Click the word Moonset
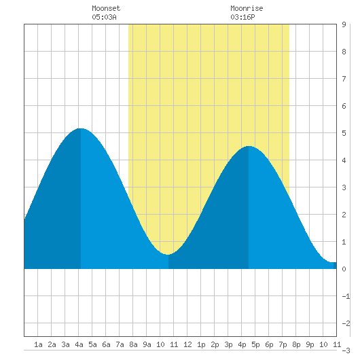click(x=106, y=9)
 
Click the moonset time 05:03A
click(x=104, y=17)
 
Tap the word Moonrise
click(x=247, y=9)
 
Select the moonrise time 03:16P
click(x=242, y=17)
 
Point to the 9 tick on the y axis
click(x=344, y=24)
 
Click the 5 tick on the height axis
click(x=344, y=133)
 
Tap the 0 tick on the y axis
click(x=344, y=269)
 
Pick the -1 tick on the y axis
click(x=346, y=296)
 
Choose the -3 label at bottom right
click(x=346, y=350)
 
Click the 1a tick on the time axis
click(x=38, y=344)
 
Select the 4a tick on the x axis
click(x=79, y=344)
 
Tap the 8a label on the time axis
click(x=133, y=344)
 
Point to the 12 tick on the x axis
click(x=187, y=344)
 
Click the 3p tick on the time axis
click(x=228, y=344)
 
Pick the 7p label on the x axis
click(x=283, y=344)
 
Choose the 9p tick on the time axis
click(x=310, y=344)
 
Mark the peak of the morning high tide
click(x=80, y=128)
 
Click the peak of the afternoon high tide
click(x=249, y=146)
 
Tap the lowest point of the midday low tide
click(x=168, y=255)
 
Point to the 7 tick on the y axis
click(x=344, y=79)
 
